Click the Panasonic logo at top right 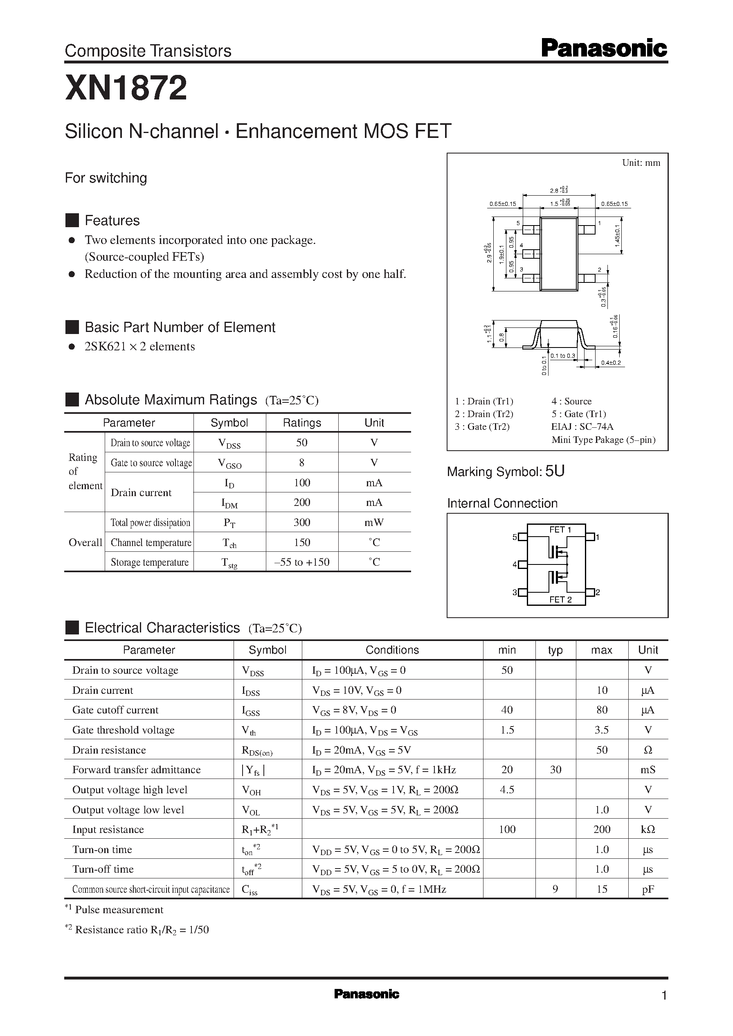pyautogui.click(x=604, y=48)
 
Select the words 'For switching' pyautogui.click(x=106, y=178)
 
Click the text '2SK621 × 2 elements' pyautogui.click(x=139, y=346)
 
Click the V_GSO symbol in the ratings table pyautogui.click(x=229, y=463)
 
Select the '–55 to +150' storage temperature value pyautogui.click(x=301, y=562)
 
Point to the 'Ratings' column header pyautogui.click(x=301, y=423)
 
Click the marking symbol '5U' pyautogui.click(x=555, y=471)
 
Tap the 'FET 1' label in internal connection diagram pyautogui.click(x=560, y=530)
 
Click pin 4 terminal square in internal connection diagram pyautogui.click(x=522, y=564)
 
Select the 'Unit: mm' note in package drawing pyautogui.click(x=641, y=163)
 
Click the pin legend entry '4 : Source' pyautogui.click(x=571, y=401)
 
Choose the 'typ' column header pyautogui.click(x=555, y=650)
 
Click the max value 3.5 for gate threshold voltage pyautogui.click(x=602, y=730)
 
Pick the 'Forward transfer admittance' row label pyautogui.click(x=136, y=770)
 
